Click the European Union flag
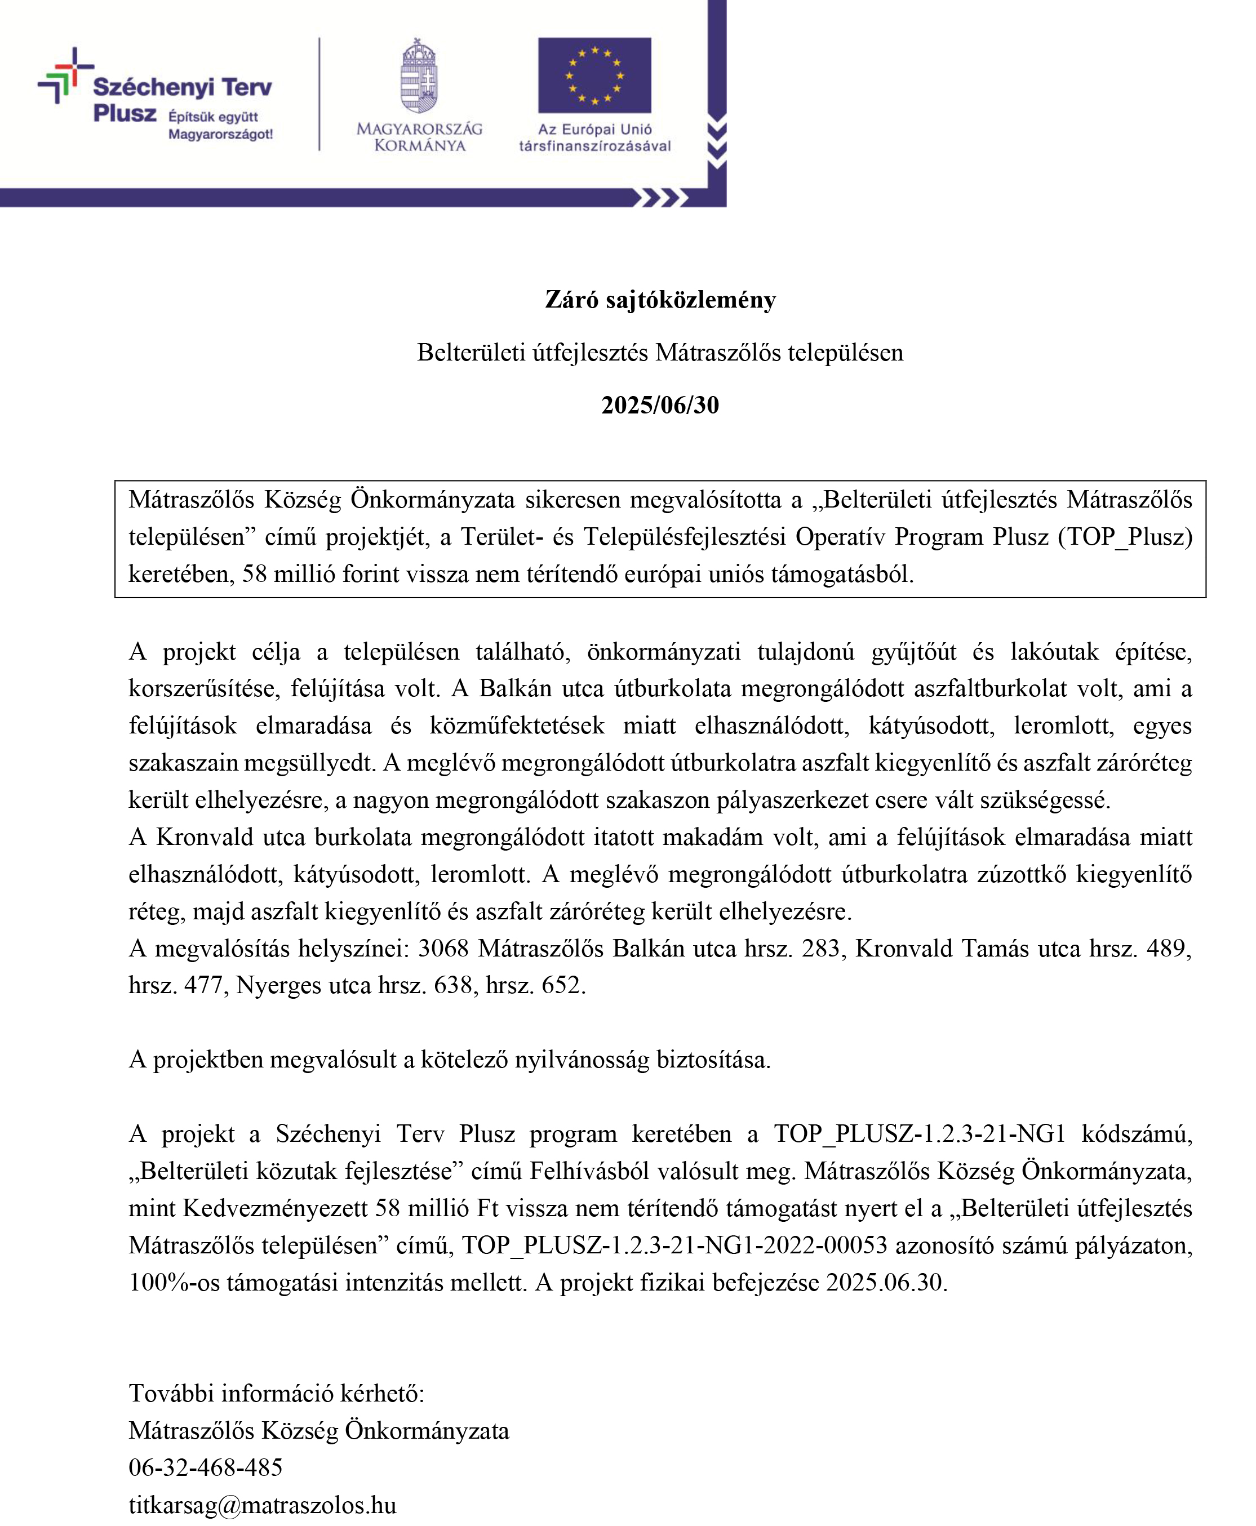pos(594,75)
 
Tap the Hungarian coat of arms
pos(420,77)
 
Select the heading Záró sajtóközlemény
pos(660,300)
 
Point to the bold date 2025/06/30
pos(660,405)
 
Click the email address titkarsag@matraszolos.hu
pos(263,1505)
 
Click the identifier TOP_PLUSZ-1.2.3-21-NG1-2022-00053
pos(674,1245)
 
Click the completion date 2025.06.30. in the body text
pos(886,1282)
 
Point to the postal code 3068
pos(443,948)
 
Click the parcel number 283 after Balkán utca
pos(820,948)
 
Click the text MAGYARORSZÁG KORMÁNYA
pos(420,137)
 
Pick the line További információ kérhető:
pos(276,1394)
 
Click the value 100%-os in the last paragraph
pos(174,1282)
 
